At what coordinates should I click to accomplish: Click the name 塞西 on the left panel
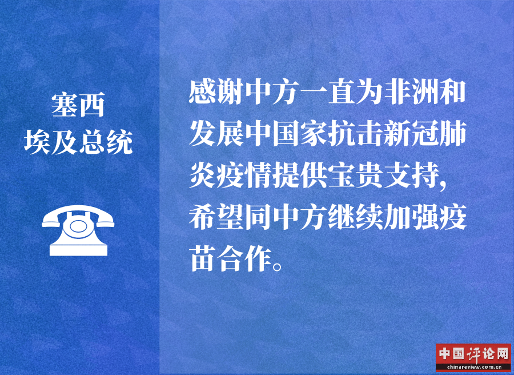tap(78, 105)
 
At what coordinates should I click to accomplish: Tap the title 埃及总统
tap(78, 142)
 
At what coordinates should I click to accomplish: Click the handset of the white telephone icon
tap(78, 214)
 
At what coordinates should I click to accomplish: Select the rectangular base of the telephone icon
tap(78, 250)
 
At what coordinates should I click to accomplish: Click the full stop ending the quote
tap(278, 266)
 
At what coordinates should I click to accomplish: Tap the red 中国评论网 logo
tap(473, 357)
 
